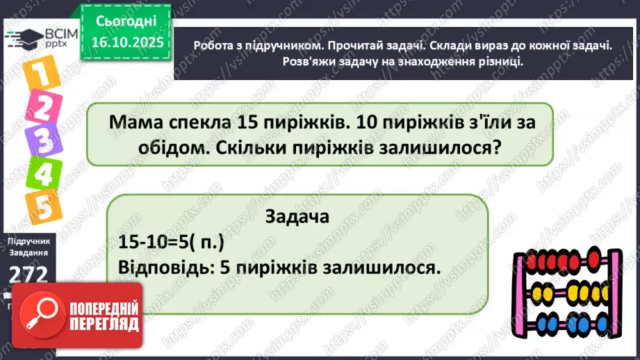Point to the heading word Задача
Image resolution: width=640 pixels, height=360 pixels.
coord(297,216)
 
